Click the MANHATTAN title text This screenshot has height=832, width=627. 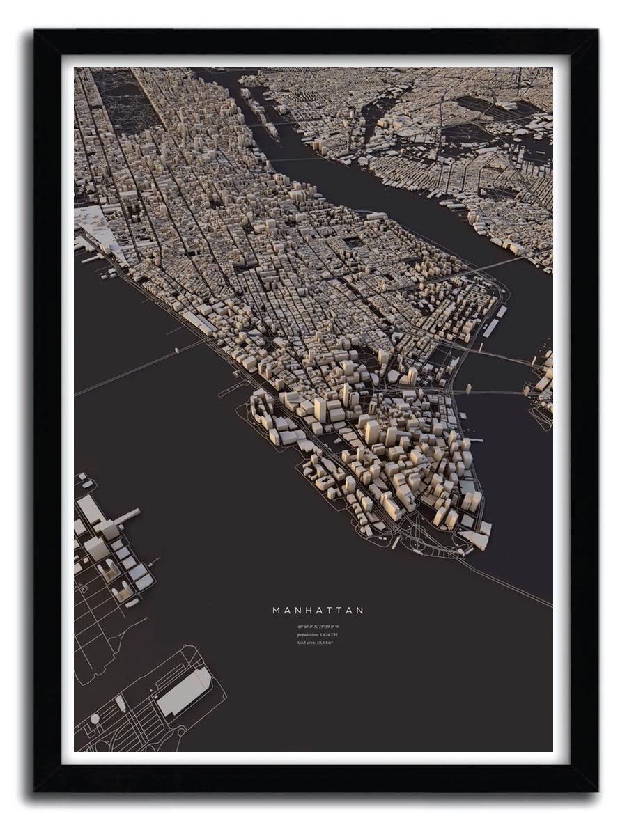pos(318,611)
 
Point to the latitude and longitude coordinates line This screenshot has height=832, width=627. pos(318,627)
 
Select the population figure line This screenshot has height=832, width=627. pos(318,634)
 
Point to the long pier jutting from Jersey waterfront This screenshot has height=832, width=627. pos(127,517)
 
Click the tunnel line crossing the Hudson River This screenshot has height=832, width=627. pos(139,364)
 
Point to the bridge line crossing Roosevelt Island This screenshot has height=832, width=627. pos(293,159)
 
